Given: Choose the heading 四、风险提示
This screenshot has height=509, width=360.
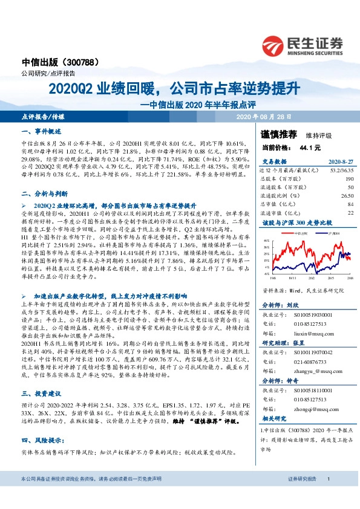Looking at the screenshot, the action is [41, 439].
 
